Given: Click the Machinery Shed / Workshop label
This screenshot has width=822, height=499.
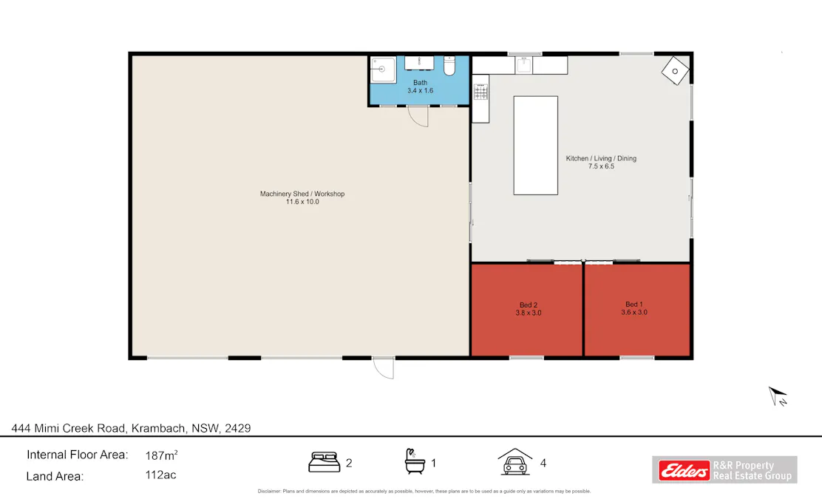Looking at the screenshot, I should point(302,194).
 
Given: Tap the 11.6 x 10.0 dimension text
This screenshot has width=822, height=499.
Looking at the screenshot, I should point(302,202).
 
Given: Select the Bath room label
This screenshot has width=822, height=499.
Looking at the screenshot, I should point(420,82).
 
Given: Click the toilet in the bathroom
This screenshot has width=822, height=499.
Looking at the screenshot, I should point(449,67).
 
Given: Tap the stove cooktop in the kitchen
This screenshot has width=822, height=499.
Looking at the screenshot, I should point(480,92).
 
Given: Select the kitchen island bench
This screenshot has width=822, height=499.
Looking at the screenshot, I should point(535,145).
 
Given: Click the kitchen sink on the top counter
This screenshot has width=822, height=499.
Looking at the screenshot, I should point(524,65).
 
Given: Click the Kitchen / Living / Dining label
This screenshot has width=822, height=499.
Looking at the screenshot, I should point(600,158).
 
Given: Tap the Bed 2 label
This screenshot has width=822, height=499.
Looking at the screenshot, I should point(528,305).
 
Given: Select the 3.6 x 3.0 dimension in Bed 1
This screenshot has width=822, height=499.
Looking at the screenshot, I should point(634,313).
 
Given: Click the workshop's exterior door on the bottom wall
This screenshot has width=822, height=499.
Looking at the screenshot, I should point(383,367).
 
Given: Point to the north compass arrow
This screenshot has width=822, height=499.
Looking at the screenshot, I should point(778,396).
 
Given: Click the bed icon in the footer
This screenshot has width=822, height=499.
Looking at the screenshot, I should point(323,463).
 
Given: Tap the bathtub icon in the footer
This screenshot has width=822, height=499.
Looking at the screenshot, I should point(414,462).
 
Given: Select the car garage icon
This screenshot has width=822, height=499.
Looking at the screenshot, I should point(514,462).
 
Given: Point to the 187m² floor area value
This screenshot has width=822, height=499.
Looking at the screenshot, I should point(161,455).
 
